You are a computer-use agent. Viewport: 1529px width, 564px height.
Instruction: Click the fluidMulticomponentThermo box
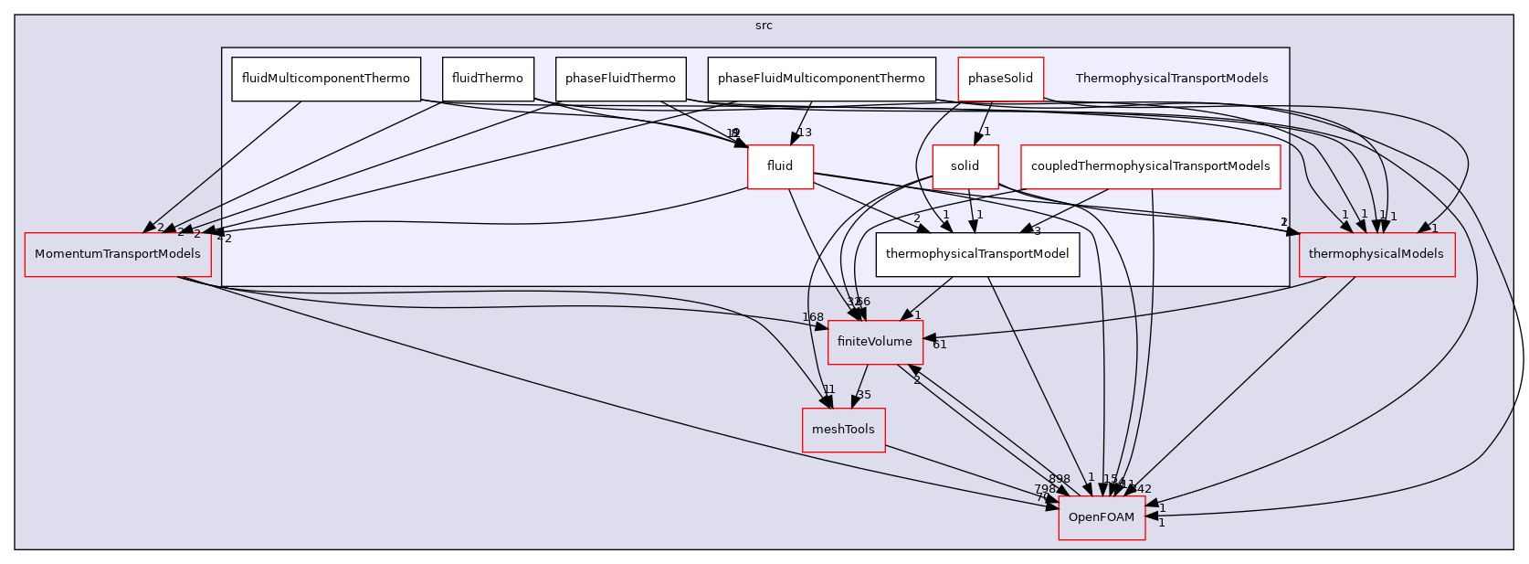click(325, 79)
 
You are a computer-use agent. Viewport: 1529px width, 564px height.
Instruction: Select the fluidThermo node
click(488, 79)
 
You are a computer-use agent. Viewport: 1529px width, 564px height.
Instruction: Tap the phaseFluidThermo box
click(620, 79)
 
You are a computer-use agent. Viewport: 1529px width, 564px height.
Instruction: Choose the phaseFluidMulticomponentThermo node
click(821, 79)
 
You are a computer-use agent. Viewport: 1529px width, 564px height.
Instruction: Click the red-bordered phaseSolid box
click(1000, 79)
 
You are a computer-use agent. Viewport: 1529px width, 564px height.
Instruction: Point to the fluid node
click(780, 166)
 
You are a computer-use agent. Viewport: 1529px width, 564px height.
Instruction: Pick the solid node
click(965, 166)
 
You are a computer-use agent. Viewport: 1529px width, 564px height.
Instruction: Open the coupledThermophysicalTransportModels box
click(1150, 166)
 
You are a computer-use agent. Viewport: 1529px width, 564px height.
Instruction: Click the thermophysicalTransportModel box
click(977, 254)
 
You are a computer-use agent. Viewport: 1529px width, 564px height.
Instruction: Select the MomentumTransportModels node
click(118, 254)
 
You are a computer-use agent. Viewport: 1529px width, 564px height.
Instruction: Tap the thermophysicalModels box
click(1376, 254)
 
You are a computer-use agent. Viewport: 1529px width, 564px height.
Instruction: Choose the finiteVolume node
click(875, 342)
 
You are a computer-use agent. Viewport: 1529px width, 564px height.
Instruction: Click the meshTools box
click(843, 430)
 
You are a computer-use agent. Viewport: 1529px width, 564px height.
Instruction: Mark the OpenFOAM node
click(1102, 517)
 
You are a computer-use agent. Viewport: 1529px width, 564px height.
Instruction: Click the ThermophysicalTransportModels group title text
click(1171, 79)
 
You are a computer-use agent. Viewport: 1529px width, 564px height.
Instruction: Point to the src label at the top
click(764, 26)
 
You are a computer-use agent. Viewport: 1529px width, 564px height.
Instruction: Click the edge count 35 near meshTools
click(864, 396)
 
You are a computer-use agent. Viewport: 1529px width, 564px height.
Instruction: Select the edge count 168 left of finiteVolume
click(813, 317)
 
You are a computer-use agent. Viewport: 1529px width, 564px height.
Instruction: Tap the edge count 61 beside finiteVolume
click(939, 345)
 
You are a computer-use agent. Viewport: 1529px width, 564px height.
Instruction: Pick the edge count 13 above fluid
click(805, 133)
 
